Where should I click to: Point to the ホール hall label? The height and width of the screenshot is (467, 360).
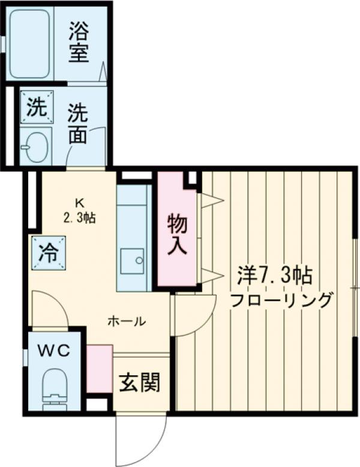click(x=127, y=321)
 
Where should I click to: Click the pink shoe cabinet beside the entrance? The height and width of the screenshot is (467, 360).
click(x=100, y=368)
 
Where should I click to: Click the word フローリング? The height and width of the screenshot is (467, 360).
click(x=281, y=299)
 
